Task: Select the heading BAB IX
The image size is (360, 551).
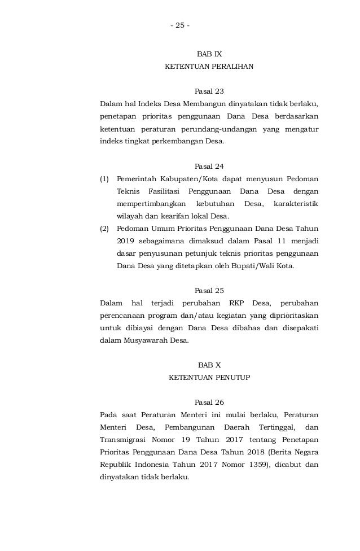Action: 209,54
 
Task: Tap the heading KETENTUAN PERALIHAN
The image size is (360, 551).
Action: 209,67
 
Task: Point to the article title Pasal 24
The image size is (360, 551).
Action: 209,166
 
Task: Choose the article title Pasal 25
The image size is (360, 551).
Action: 209,290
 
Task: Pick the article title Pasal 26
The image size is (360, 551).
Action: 209,402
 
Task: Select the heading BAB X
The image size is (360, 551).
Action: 209,365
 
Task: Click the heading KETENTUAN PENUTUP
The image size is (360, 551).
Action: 209,377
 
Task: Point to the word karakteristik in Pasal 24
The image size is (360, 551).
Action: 295,203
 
